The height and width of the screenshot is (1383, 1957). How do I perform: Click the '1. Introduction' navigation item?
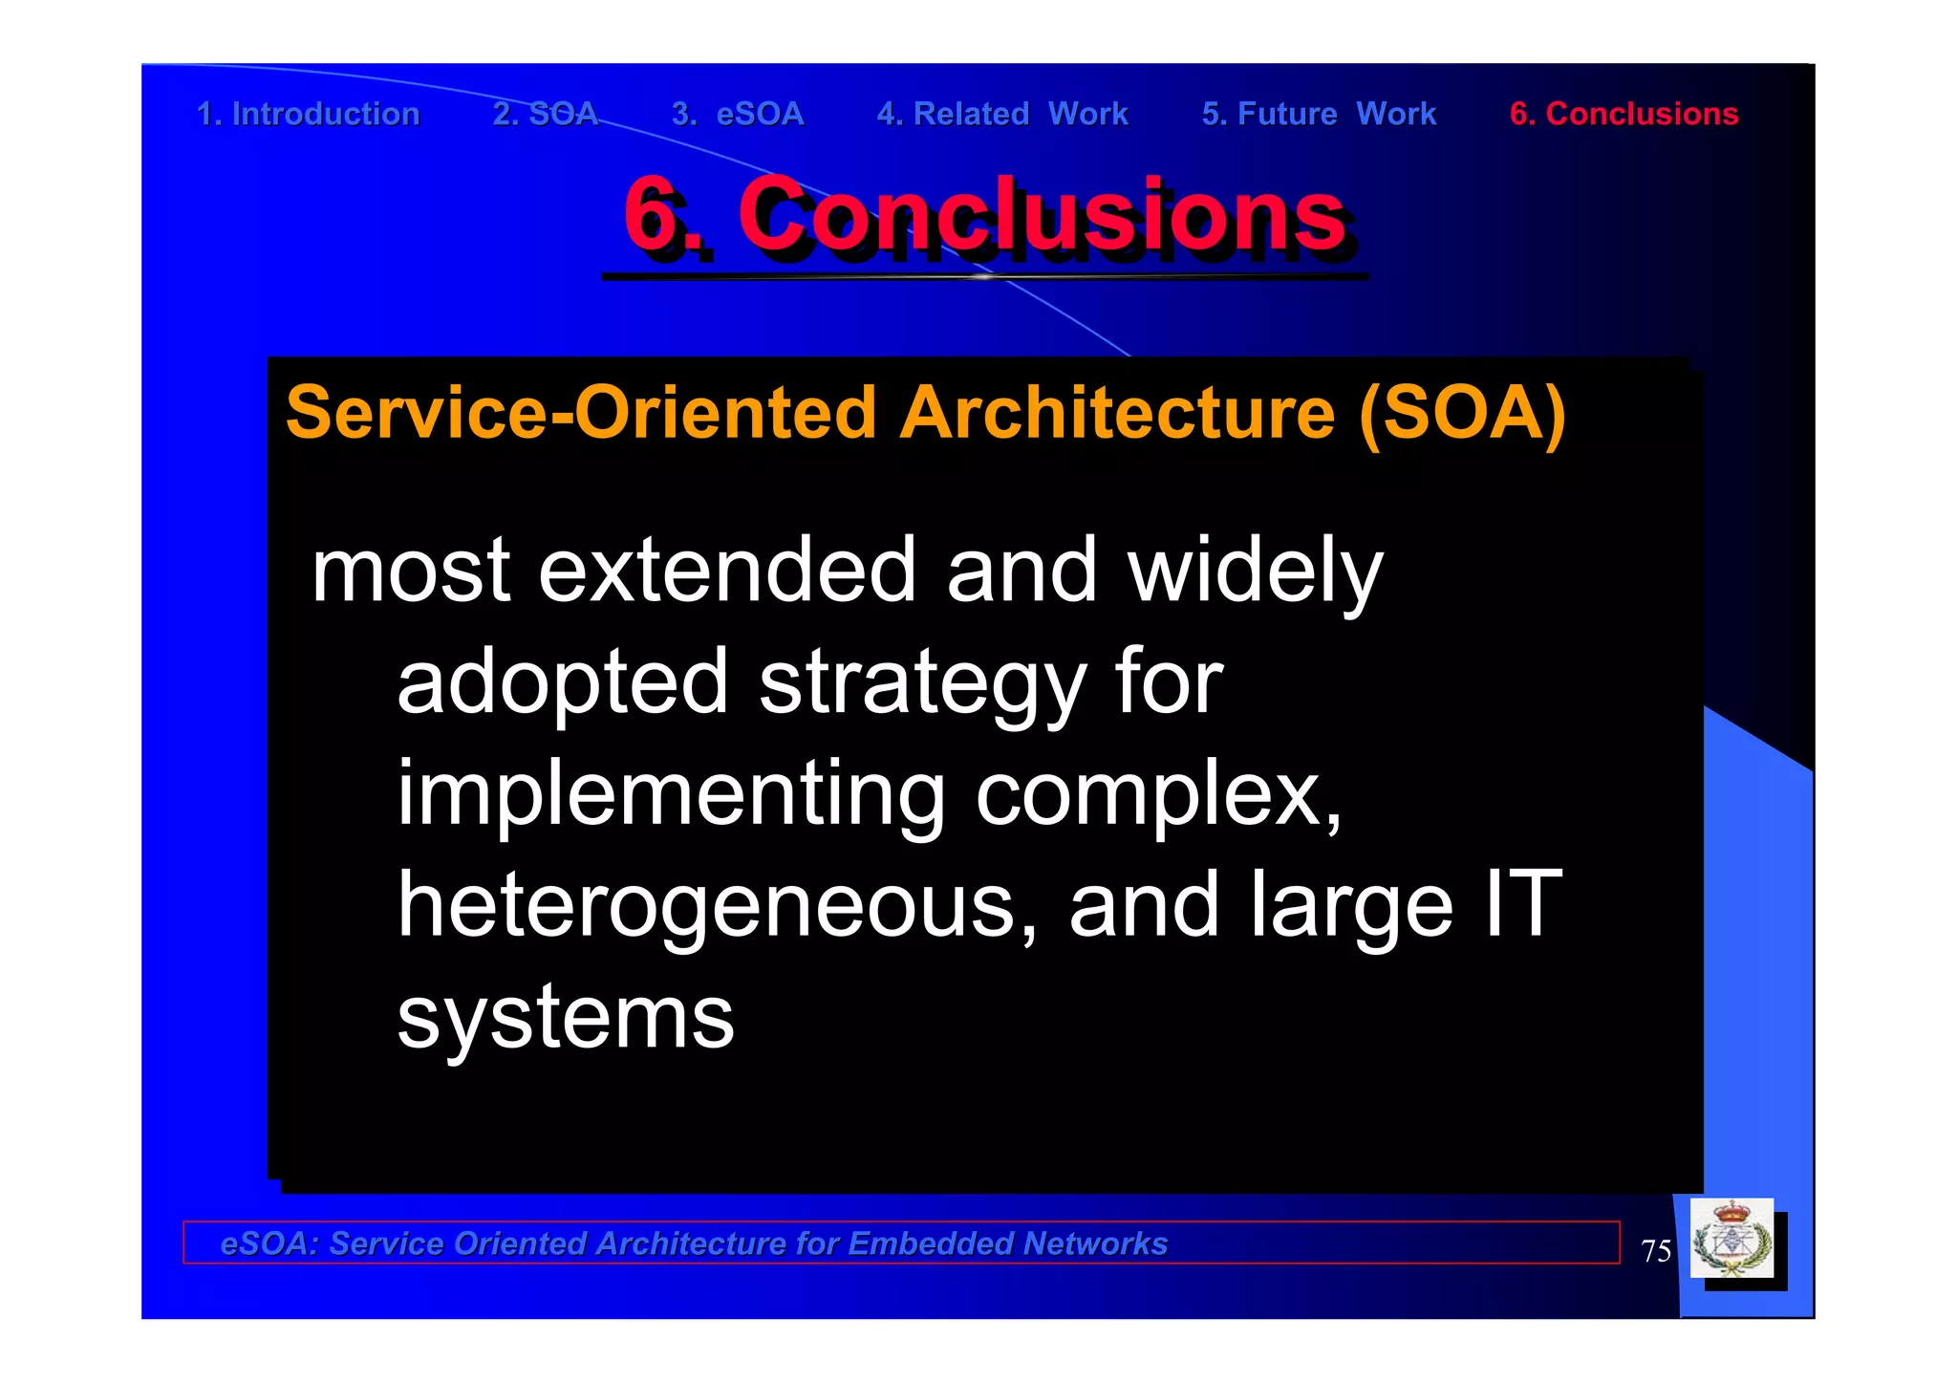tap(308, 114)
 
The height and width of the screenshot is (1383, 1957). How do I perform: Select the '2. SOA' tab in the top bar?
tap(545, 114)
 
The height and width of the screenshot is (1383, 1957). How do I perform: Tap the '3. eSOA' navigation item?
tap(738, 114)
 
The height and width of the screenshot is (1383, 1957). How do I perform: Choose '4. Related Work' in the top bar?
tap(1002, 114)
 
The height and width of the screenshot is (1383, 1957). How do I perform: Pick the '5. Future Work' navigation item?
tap(1319, 114)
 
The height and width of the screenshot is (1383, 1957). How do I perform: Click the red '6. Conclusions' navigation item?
tap(1624, 114)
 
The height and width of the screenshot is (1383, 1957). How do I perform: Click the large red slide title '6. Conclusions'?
tap(984, 215)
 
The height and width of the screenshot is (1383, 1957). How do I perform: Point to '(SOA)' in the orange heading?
tap(1462, 413)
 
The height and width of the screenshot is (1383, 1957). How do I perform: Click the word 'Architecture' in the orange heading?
tap(1117, 413)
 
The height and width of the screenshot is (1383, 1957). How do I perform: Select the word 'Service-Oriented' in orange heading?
tap(581, 413)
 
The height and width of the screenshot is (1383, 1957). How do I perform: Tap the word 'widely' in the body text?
tap(1255, 572)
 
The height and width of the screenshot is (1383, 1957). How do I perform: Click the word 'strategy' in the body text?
tap(922, 683)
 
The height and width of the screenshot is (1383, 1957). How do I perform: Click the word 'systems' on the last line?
tap(566, 1018)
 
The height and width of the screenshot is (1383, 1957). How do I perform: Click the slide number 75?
tap(1656, 1251)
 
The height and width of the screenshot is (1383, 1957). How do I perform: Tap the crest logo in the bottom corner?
tap(1731, 1239)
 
